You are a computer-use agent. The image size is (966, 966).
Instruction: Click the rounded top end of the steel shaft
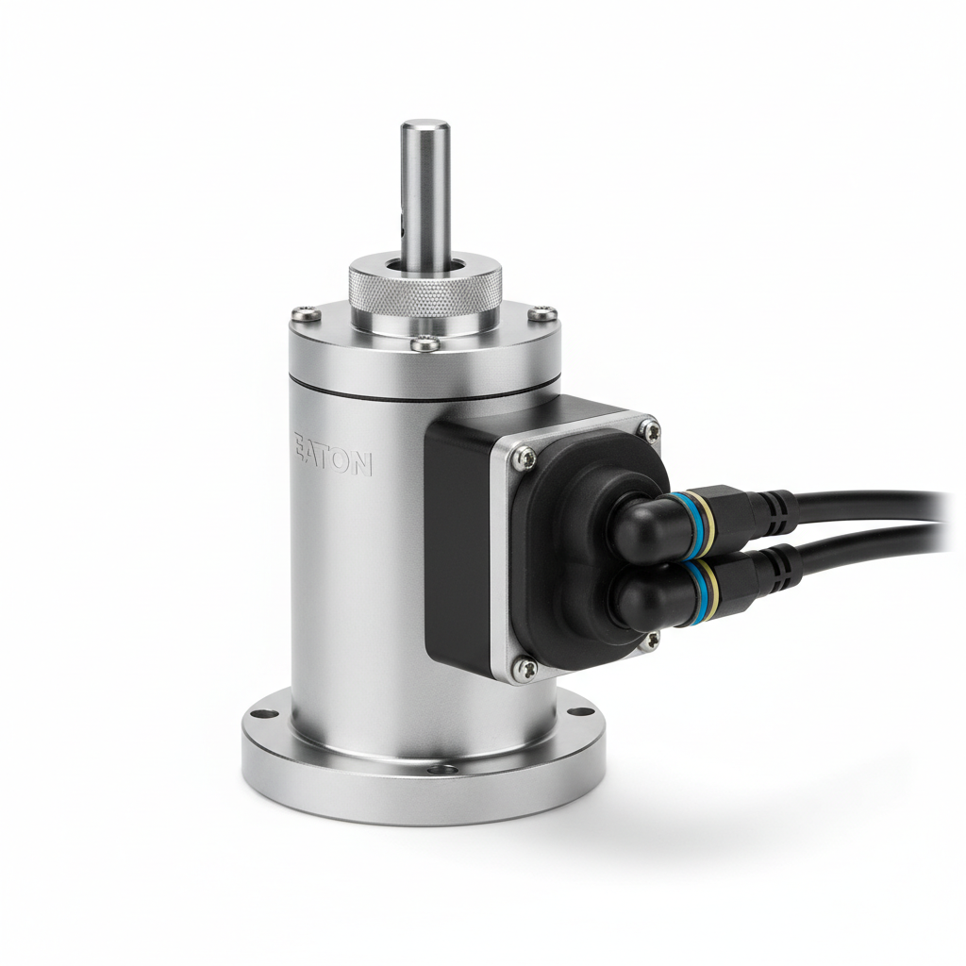[x=425, y=126]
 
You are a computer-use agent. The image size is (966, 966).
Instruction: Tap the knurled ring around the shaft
[x=425, y=288]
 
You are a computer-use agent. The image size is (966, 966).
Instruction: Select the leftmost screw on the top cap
[x=300, y=315]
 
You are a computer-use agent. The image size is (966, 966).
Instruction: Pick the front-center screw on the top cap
[x=424, y=344]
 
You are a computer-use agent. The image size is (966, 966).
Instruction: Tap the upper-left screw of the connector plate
[x=525, y=458]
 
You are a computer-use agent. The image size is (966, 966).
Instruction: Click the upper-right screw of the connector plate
[x=648, y=430]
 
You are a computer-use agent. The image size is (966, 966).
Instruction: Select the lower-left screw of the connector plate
[x=525, y=668]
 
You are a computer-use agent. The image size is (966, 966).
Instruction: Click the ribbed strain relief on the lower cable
[x=775, y=565]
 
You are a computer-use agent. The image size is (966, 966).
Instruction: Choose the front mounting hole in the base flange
[x=436, y=770]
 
